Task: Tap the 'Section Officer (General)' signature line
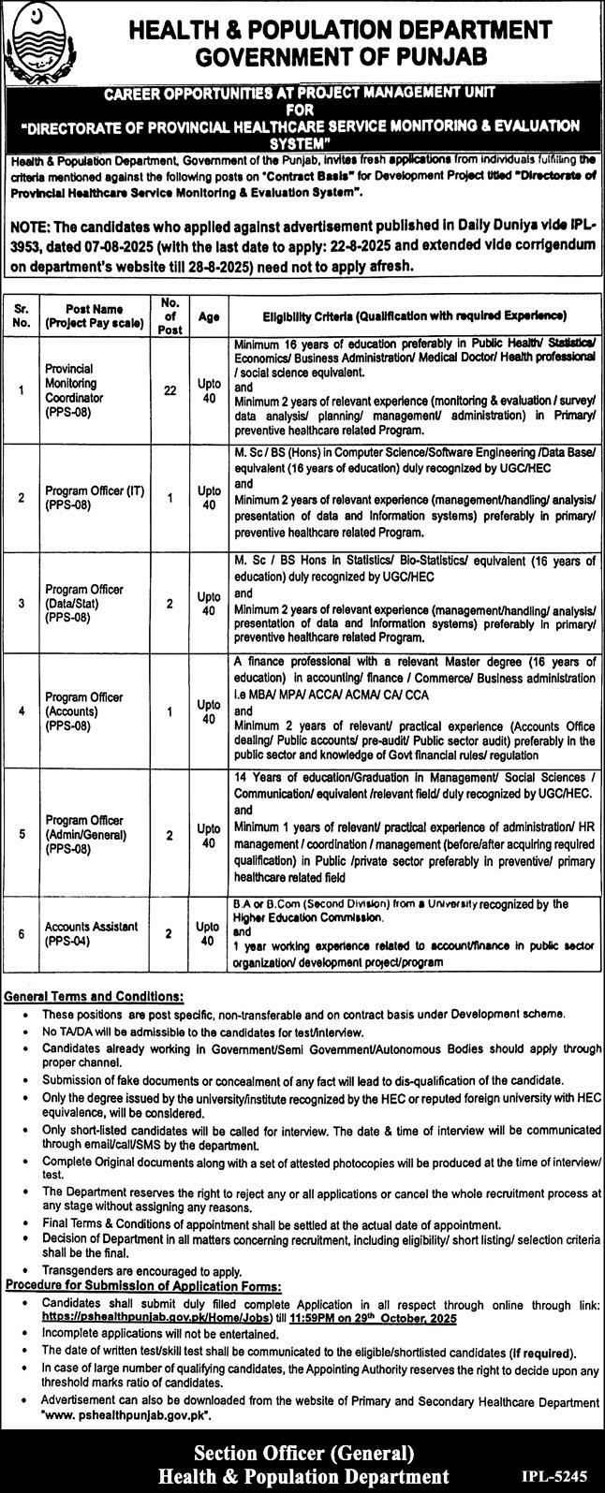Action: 302,1454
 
